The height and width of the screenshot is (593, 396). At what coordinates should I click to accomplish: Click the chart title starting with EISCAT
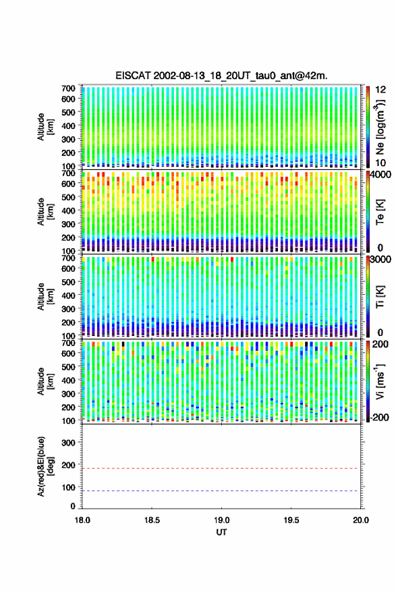tap(221, 76)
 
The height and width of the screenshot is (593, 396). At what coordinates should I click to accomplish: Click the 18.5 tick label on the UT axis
tap(152, 520)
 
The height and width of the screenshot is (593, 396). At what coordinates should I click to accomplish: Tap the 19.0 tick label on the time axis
tap(222, 520)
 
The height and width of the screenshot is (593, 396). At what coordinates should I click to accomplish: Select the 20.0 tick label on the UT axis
tap(361, 520)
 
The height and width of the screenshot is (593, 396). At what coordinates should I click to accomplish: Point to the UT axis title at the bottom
tap(222, 532)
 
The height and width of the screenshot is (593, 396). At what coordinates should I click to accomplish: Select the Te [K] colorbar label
tap(380, 212)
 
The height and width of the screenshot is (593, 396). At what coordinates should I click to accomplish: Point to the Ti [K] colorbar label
tap(380, 297)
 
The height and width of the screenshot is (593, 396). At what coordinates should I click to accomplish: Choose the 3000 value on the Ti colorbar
tap(380, 260)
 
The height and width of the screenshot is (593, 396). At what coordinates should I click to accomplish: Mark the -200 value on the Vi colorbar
tap(380, 418)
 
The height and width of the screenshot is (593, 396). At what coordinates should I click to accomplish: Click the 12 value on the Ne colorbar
tap(381, 90)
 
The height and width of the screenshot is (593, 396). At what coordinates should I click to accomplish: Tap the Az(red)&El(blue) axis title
tap(45, 467)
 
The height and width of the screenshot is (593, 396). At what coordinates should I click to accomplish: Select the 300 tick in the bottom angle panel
tap(68, 443)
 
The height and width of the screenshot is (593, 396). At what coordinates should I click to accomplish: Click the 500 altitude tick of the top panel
tap(68, 112)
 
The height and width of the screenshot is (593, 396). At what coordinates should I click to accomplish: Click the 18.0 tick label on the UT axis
tap(82, 520)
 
